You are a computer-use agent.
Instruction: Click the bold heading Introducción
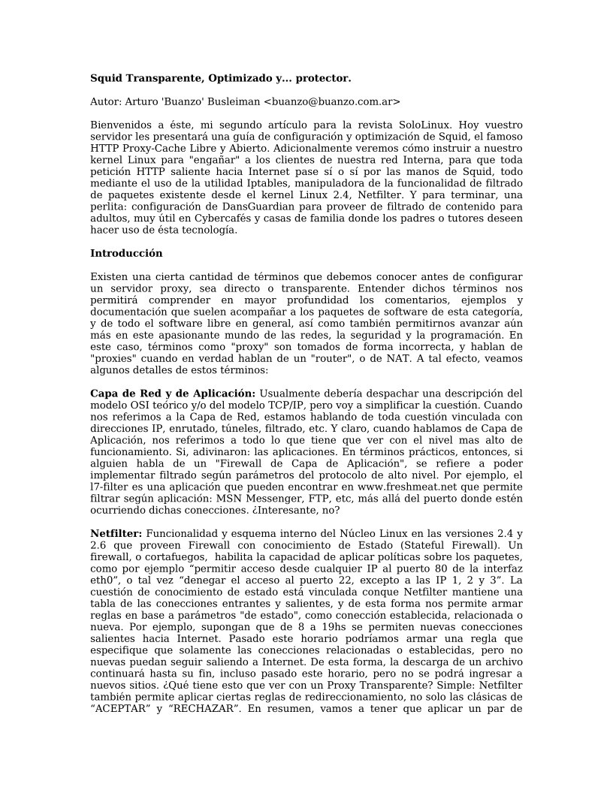126,253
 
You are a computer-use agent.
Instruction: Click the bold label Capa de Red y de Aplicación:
173,393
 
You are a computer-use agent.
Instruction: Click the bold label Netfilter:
116,533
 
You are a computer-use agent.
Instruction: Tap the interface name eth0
103,580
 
